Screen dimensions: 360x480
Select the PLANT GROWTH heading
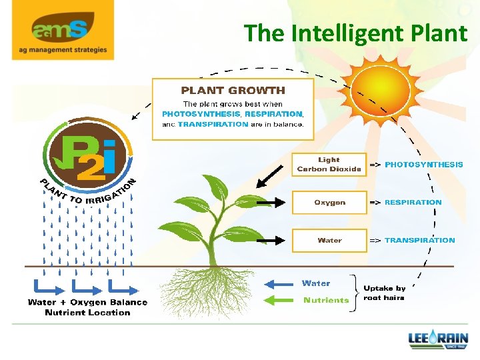click(x=233, y=90)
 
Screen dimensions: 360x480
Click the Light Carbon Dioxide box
click(x=329, y=165)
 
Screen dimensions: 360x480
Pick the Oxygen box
click(x=329, y=202)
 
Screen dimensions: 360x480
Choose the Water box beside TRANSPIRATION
click(x=329, y=240)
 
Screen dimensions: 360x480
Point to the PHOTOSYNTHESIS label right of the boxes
click(x=423, y=164)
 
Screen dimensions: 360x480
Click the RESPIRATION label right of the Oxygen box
click(x=413, y=202)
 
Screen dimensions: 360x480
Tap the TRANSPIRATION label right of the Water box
click(x=420, y=240)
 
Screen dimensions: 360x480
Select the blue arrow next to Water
click(x=279, y=283)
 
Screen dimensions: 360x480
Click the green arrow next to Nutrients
click(x=279, y=300)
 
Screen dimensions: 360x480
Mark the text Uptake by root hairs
click(x=384, y=293)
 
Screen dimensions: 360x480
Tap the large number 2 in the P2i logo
click(x=89, y=167)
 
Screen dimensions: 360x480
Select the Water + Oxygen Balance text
click(x=87, y=303)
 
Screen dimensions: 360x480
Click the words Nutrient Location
click(x=87, y=313)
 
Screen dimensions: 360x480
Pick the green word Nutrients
click(x=326, y=300)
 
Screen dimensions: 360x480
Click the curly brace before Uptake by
click(x=356, y=292)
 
